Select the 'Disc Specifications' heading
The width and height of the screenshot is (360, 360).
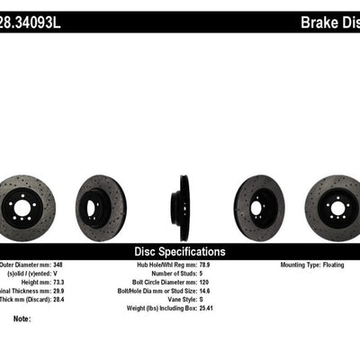coord(180,252)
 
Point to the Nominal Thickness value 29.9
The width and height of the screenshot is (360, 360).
coord(77,292)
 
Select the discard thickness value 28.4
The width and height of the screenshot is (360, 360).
coord(77,301)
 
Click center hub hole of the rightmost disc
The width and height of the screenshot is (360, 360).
coord(338,209)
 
